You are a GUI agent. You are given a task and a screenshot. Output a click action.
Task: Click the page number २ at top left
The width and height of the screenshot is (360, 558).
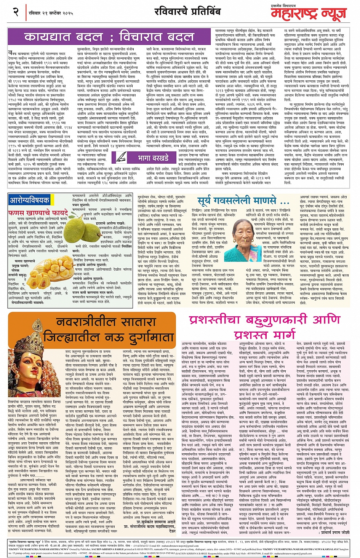tap(16, 12)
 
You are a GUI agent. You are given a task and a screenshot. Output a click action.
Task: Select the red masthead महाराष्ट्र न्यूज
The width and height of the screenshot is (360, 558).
tap(309, 14)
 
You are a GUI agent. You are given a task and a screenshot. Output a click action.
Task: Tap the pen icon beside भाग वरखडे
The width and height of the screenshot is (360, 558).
tap(122, 158)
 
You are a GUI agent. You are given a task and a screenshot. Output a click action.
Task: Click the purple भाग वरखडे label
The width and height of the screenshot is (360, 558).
tap(153, 158)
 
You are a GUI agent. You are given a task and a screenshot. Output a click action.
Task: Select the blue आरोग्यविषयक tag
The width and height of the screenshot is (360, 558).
tap(29, 200)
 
